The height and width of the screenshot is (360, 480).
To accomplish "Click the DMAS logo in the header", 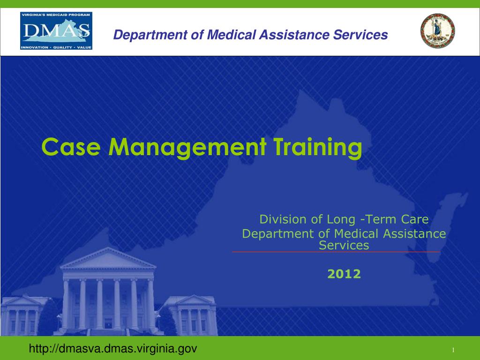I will coord(56,31).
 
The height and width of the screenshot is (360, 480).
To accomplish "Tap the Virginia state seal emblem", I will coord(438,31).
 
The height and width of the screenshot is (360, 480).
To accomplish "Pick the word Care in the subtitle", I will coord(415,219).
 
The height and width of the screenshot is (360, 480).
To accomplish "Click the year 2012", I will coord(344,274).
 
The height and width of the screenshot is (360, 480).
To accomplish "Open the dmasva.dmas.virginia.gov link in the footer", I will coord(113,349).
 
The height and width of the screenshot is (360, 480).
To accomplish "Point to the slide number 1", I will coord(454,351).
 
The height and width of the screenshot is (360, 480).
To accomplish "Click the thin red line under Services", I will coord(336,252).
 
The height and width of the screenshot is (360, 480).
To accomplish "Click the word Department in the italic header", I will coord(145,35).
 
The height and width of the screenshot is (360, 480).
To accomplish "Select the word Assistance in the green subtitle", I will coord(414,233).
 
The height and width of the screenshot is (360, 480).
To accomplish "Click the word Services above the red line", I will coord(344,245).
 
